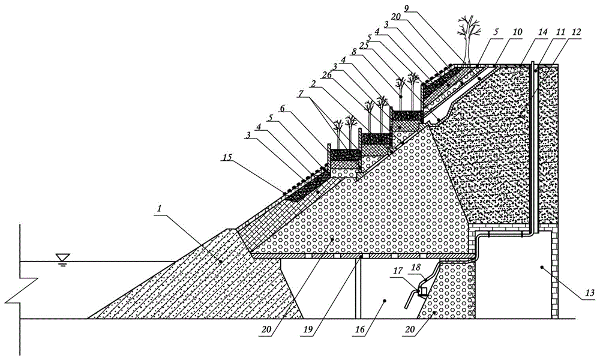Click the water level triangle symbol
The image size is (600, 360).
click(60, 257)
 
